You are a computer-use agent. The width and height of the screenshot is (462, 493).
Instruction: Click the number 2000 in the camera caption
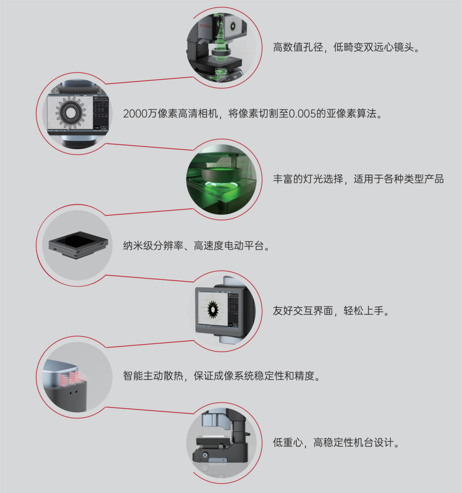[x=135, y=113]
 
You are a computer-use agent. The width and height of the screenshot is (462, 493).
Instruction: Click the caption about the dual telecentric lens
[x=346, y=48]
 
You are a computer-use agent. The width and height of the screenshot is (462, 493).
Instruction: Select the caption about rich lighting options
[x=358, y=179]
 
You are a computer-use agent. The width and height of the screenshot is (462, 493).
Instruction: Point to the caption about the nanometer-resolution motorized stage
[x=196, y=246]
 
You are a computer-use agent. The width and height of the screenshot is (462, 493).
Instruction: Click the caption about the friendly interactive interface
[x=331, y=311]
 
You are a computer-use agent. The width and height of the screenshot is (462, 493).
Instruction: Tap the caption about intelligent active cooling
[x=222, y=376]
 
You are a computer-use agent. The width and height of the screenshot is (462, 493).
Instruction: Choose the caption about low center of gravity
[x=336, y=443]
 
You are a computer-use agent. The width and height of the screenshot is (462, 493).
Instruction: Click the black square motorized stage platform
[x=78, y=245]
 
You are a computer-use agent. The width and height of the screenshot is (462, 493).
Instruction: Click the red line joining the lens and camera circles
[x=149, y=80]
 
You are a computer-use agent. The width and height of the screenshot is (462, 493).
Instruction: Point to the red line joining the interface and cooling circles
[x=150, y=344]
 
